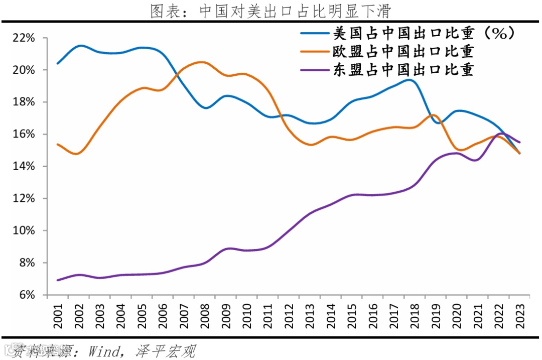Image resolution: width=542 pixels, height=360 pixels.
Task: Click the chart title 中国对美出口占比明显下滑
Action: [270, 11]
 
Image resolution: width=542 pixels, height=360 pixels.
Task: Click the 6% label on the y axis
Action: [26, 295]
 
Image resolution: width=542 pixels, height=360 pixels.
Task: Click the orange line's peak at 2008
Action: [202, 62]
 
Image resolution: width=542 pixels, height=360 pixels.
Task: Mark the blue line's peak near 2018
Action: [409, 80]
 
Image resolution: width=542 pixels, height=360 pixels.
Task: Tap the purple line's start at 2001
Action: [58, 280]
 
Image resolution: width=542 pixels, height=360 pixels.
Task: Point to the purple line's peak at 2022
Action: [502, 134]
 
